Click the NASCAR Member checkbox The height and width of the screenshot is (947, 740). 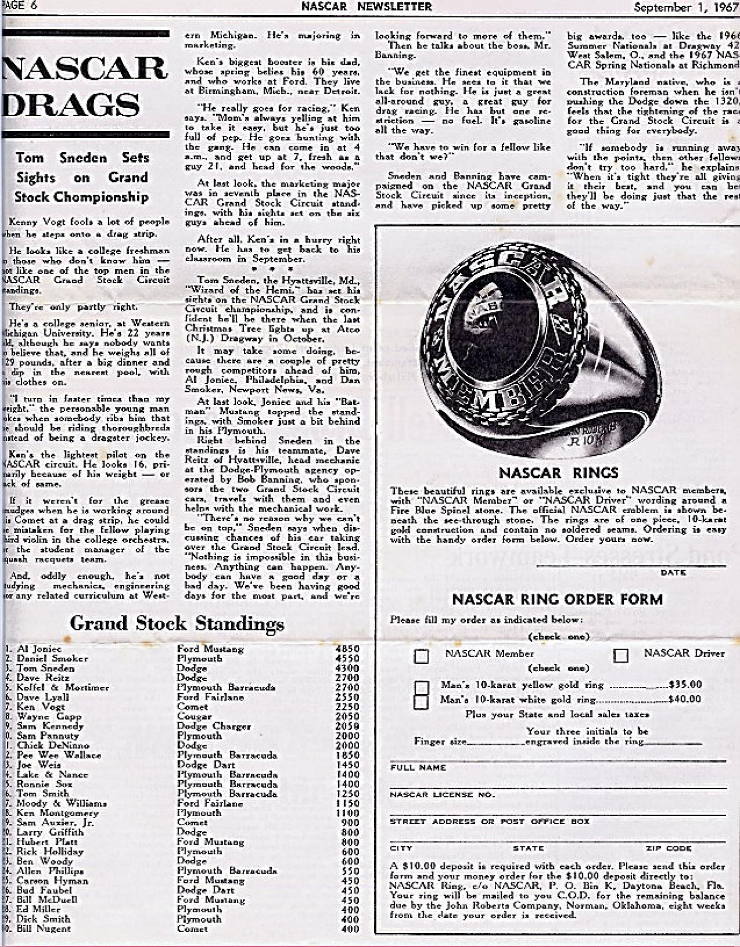tap(421, 656)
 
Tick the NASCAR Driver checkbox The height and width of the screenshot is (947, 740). tap(621, 655)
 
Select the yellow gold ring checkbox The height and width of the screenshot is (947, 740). tap(422, 687)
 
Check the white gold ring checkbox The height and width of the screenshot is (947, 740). tap(421, 701)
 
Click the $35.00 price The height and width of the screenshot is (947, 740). tap(685, 685)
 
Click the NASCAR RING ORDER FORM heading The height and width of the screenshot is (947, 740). tap(557, 599)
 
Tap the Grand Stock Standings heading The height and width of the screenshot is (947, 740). tap(177, 623)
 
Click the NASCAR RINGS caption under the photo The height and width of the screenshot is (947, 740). tap(558, 473)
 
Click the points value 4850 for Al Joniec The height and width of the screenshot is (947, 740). tap(347, 649)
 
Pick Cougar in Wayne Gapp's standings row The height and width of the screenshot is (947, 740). tap(193, 716)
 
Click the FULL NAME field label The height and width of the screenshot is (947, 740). tap(418, 767)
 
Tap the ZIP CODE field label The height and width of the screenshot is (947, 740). tap(668, 848)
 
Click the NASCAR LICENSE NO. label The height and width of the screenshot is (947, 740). tap(442, 794)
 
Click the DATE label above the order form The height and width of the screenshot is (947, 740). tap(673, 572)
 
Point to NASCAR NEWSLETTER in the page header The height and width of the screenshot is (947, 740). tap(366, 7)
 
